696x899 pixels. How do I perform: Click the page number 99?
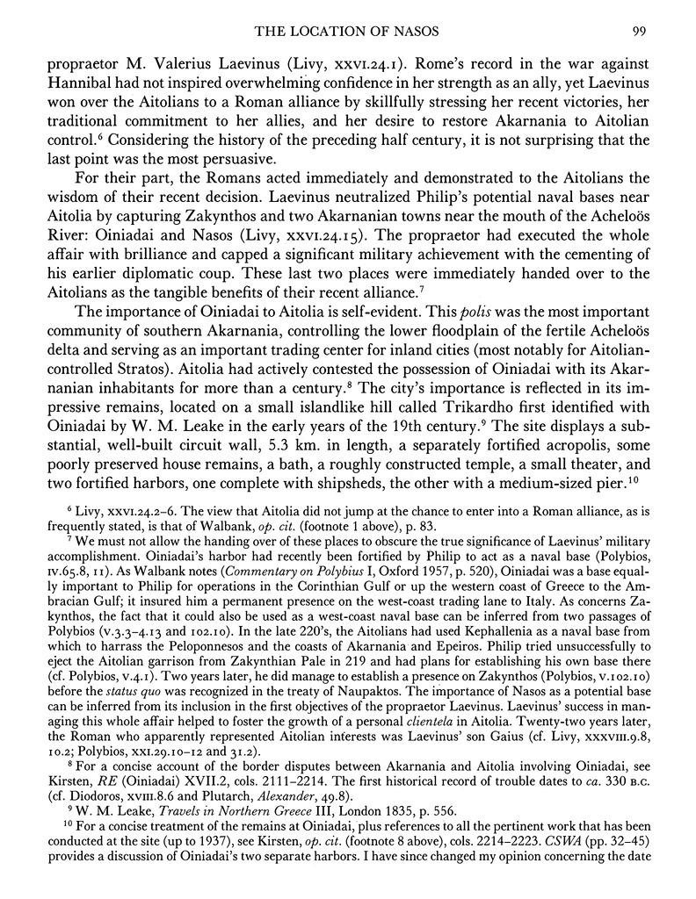point(640,33)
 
